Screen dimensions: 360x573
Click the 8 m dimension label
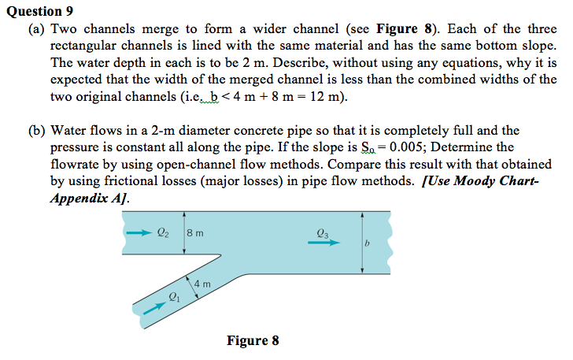pyautogui.click(x=197, y=232)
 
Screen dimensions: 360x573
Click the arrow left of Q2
pyautogui.click(x=138, y=232)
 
